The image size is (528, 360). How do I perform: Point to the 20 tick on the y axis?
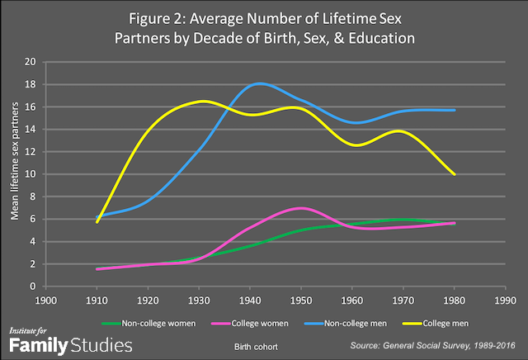point(31,62)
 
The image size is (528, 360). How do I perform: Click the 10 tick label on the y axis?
point(31,174)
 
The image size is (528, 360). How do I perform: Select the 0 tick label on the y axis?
point(33,287)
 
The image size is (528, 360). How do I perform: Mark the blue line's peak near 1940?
point(261,83)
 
